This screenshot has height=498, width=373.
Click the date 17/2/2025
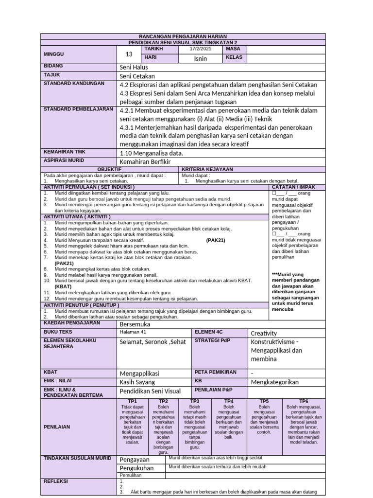coord(201,49)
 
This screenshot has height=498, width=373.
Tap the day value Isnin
coord(201,58)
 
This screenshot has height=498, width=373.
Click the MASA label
coord(233,49)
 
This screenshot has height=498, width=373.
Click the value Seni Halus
coord(134,67)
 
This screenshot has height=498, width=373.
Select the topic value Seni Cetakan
coord(137,76)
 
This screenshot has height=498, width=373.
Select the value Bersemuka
coord(135,324)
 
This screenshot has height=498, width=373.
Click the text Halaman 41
coord(133,332)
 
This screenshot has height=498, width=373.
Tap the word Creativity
coord(264,333)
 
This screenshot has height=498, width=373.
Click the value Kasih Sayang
coord(137,382)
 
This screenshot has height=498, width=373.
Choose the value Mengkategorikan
coord(274,382)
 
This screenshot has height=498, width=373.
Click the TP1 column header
coord(132,401)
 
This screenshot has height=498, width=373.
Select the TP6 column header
coord(304,401)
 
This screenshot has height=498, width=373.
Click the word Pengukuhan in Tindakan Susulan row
coord(136,468)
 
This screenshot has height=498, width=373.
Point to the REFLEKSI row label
coord(56,481)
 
